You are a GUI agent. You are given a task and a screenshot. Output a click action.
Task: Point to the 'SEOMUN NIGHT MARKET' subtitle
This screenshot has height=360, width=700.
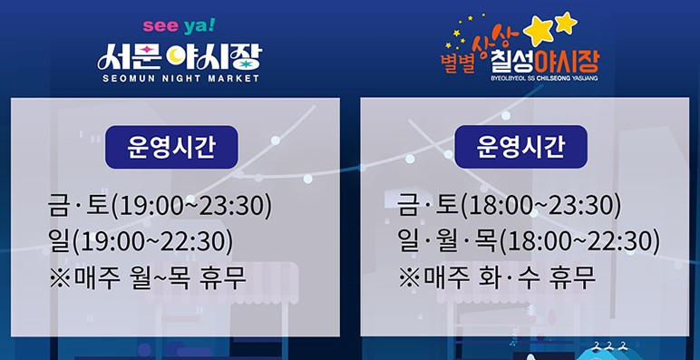[179, 79]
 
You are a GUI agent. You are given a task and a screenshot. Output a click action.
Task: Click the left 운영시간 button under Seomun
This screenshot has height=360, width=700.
[171, 146]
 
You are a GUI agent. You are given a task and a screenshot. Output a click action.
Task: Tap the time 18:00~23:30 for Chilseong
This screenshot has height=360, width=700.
[540, 206]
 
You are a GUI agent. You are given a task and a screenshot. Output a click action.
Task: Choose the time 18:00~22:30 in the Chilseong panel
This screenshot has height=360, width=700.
[578, 241]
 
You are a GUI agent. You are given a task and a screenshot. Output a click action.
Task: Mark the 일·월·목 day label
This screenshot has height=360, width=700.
[444, 241]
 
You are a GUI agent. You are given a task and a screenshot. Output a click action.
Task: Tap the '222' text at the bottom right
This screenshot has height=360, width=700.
[609, 345]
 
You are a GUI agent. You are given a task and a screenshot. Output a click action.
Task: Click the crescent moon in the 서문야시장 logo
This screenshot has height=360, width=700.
[174, 57]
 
